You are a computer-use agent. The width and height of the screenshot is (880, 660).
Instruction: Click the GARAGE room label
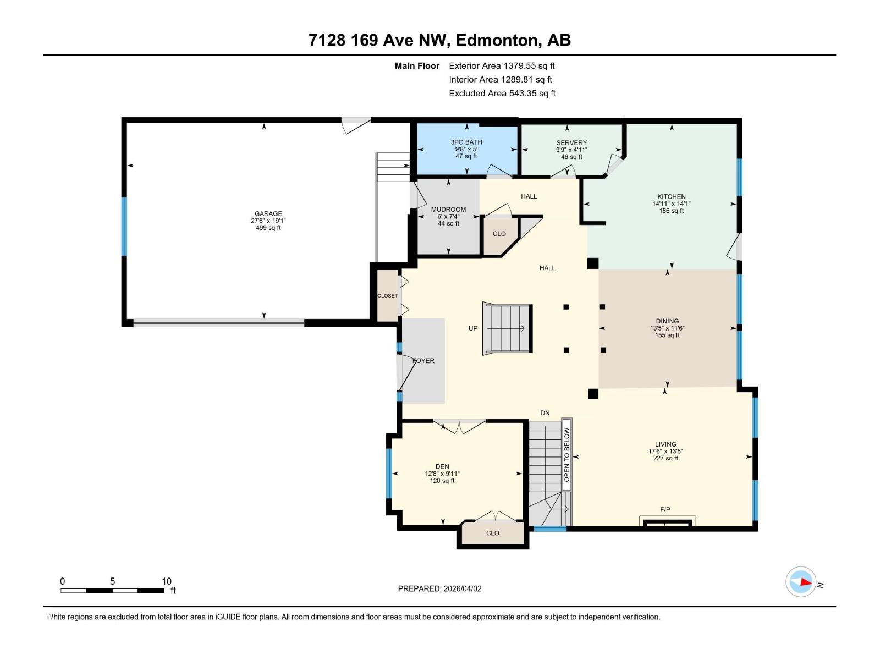coord(268,214)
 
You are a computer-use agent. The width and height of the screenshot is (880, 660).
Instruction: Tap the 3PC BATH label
coord(466,142)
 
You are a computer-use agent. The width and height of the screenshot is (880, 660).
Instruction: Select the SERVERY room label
coord(571,142)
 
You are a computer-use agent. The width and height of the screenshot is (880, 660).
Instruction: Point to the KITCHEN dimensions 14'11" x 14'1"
coord(671,204)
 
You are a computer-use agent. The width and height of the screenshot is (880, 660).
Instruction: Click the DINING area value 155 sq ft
coord(667,335)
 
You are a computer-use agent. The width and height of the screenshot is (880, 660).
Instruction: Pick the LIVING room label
coord(665,444)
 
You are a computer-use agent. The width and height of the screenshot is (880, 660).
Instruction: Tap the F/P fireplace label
coord(665,510)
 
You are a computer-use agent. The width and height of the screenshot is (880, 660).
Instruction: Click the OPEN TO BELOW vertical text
coord(567,455)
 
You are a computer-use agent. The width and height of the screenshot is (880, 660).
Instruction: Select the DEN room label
coord(442,466)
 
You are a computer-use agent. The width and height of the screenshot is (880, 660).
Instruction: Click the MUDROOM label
coord(448,210)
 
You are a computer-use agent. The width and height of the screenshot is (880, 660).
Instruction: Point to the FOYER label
coord(424,361)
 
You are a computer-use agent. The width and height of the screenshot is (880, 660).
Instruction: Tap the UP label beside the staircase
coord(473,328)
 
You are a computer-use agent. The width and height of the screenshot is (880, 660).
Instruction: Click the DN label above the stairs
coord(544,413)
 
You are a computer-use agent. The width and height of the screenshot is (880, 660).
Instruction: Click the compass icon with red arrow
coord(801,581)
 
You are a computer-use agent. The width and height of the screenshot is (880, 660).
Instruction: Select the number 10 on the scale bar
coord(167,581)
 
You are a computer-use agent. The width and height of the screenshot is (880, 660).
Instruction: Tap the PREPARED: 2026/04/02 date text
coord(439,588)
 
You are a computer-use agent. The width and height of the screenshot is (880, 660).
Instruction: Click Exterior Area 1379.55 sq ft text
coord(502,65)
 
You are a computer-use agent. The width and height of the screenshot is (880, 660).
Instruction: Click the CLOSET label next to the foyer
coord(387,296)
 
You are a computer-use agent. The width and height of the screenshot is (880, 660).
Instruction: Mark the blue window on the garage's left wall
coord(124,227)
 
